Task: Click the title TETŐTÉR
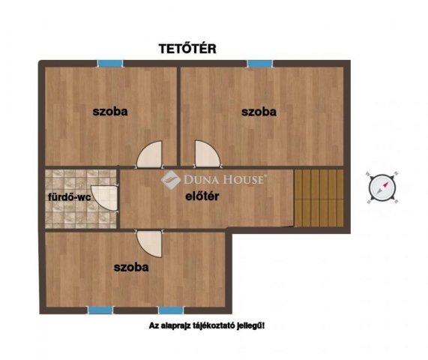click(187, 49)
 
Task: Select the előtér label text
click(202, 198)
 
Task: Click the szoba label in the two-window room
click(130, 266)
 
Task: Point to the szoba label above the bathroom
click(110, 112)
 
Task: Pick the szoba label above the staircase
click(259, 112)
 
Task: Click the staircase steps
click(318, 196)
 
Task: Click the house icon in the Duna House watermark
click(171, 179)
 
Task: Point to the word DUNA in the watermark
click(200, 179)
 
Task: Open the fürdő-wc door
click(102, 198)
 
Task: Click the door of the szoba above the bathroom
click(151, 155)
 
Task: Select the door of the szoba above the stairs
click(205, 155)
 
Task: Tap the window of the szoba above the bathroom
click(106, 64)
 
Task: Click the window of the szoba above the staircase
click(259, 64)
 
